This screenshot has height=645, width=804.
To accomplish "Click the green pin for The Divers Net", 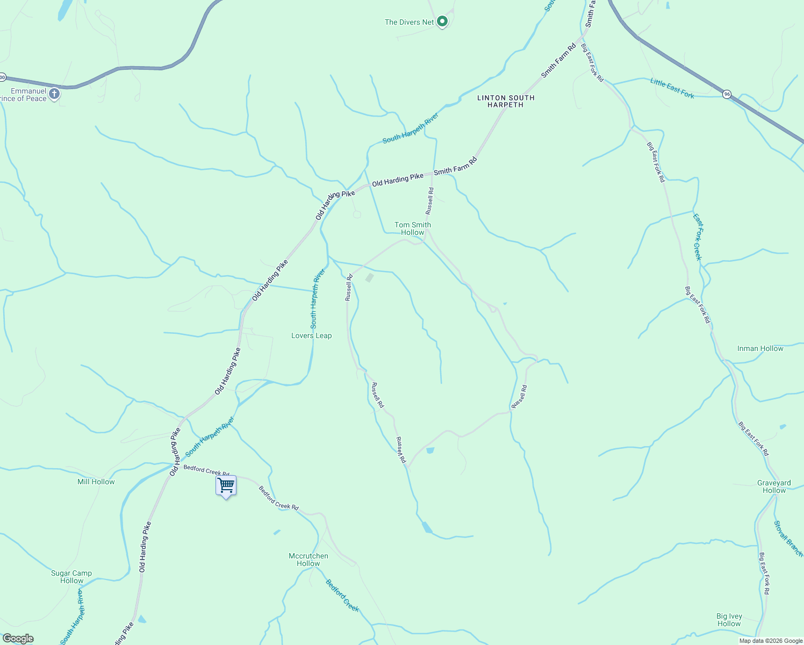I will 442,21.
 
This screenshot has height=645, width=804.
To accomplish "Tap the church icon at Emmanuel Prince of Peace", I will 54,94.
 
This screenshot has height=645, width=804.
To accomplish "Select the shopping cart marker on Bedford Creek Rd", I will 226,485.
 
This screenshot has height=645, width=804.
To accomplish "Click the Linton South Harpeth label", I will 506,101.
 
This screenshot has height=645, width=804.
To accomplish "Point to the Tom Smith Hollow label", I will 413,228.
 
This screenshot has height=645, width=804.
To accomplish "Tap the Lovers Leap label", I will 312,335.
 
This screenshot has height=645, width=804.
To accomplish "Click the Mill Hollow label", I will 96,482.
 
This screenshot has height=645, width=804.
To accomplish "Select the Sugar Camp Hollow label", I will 71,577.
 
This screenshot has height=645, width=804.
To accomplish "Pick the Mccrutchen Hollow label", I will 308,560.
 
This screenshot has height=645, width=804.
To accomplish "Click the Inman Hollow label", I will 760,348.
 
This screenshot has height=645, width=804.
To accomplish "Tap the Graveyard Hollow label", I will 774,486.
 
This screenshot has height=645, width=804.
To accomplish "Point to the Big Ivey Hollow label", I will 729,620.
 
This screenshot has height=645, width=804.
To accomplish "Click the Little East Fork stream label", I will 672,88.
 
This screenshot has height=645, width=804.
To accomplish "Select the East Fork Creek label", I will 698,237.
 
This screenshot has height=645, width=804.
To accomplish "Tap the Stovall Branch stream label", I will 788,538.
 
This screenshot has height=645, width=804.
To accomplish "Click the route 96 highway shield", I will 727,94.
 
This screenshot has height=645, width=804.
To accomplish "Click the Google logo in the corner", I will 18,639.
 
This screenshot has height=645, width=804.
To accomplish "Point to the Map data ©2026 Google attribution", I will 771,641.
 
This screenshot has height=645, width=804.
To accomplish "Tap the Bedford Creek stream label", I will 342,595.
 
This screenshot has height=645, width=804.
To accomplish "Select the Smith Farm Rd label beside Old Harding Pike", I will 455,167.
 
